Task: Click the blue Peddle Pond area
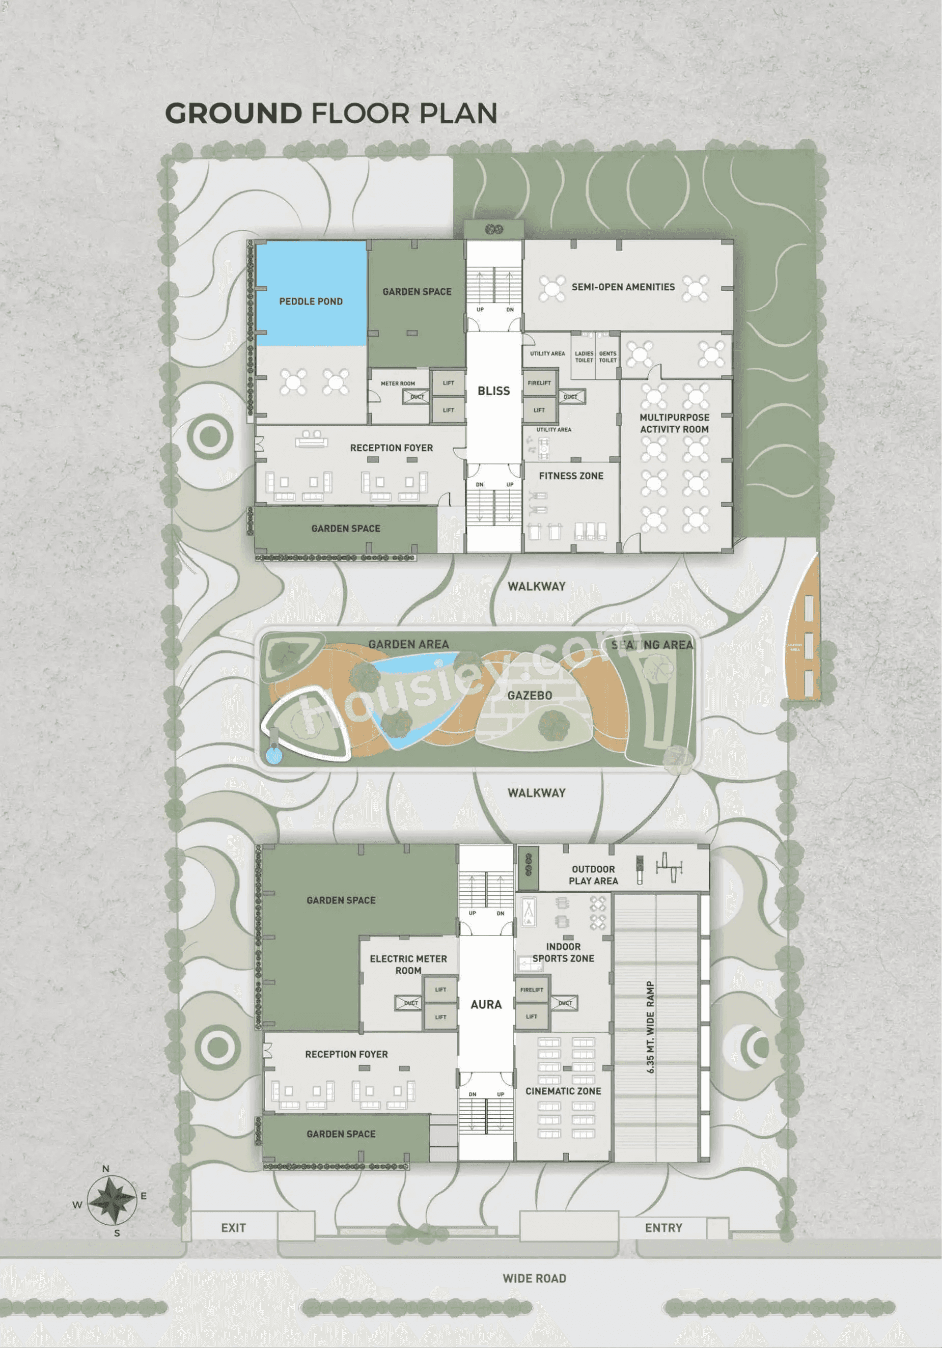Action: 311,293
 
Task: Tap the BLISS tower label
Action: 493,391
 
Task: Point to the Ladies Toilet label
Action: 584,357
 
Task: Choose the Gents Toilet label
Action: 607,357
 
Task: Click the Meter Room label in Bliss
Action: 397,383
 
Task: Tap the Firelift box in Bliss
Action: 539,383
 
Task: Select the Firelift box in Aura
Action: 532,990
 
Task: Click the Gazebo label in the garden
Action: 530,696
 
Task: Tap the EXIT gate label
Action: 233,1228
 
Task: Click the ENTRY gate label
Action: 663,1228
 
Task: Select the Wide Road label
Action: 534,1279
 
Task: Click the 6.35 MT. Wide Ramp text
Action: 650,1028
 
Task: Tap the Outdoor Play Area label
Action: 593,875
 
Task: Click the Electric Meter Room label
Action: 408,965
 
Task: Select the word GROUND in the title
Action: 233,114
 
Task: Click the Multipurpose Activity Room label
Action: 674,423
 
